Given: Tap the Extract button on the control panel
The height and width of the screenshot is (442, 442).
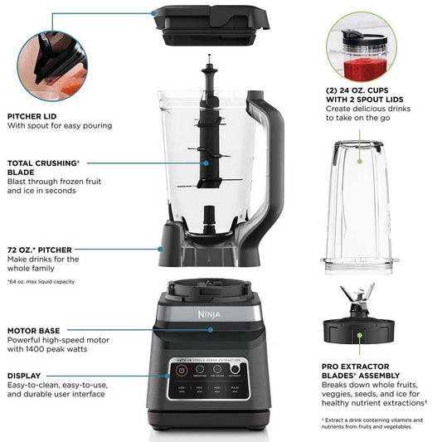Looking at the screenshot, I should [x=235, y=368].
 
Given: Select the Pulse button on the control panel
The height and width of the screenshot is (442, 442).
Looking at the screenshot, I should [x=236, y=388].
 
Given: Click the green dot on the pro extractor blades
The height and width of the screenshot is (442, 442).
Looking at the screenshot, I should [x=359, y=337].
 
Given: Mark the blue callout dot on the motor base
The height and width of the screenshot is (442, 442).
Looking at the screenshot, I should [x=211, y=330].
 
